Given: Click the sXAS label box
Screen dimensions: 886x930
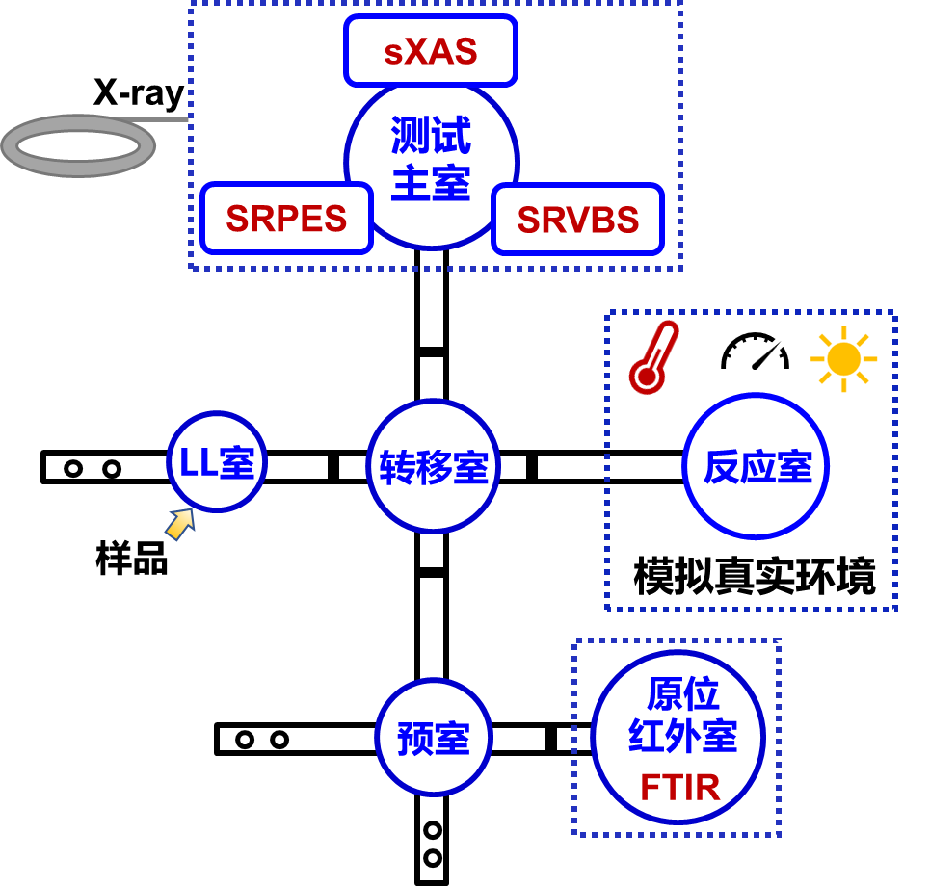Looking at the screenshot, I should coord(430,51).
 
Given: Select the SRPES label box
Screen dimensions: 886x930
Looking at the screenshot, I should coord(286,219).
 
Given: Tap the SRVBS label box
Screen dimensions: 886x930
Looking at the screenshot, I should coord(577,220).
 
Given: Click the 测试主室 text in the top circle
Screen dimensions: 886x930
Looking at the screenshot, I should coord(431,159).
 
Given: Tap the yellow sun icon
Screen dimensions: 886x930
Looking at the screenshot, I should coord(843,358).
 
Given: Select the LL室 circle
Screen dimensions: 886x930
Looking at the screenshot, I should coord(217,462).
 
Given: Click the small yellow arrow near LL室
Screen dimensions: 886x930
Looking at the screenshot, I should coord(180,524).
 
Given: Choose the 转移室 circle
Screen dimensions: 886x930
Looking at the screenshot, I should coord(434,467).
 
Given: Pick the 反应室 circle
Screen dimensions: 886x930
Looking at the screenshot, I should coord(757,467).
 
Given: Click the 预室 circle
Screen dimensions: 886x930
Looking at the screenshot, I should coord(434,738).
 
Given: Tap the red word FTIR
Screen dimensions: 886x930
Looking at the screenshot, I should coord(679,788).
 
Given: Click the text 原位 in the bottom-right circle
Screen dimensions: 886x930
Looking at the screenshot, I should coord(681,693).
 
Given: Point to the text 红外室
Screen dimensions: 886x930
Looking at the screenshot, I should coord(681,737).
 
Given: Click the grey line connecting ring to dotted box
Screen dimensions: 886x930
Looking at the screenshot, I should coord(172,119).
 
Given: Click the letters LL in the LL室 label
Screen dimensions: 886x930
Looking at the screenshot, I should coord(198,463).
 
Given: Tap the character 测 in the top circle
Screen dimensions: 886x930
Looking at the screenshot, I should coord(410,136).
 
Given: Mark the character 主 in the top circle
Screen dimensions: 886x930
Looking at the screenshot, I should coord(410,183).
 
